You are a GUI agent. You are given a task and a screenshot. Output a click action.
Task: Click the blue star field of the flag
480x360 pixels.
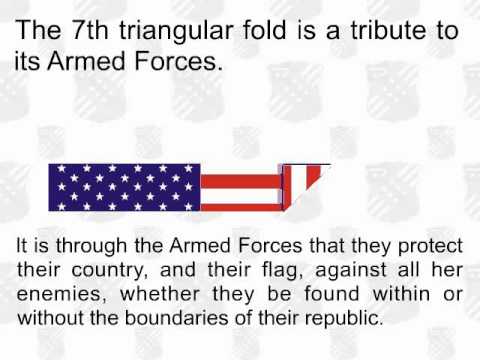click(x=124, y=187)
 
